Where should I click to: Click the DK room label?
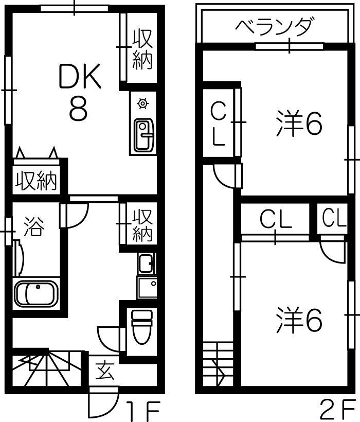pyautogui.click(x=80, y=76)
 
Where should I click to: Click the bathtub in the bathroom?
pyautogui.click(x=37, y=294)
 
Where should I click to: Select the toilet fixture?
pyautogui.click(x=142, y=327)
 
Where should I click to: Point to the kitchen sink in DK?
pyautogui.click(x=145, y=135)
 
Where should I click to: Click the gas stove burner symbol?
pyautogui.click(x=142, y=103)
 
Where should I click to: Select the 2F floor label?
pyautogui.click(x=337, y=411)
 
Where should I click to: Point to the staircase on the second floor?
pyautogui.click(x=218, y=364)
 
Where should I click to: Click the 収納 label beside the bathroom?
pyautogui.click(x=142, y=225)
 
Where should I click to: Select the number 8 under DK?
pyautogui.click(x=79, y=109)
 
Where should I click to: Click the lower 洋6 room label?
pyautogui.click(x=299, y=320)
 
